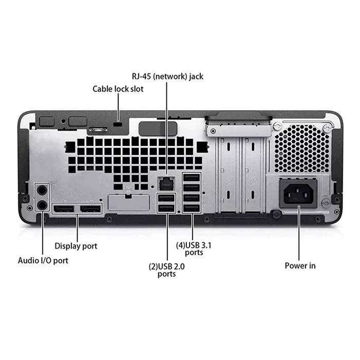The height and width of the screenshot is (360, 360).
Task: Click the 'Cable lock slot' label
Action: (118, 89)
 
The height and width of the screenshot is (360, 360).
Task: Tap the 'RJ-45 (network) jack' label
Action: (167, 77)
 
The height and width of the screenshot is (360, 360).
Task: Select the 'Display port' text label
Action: (76, 246)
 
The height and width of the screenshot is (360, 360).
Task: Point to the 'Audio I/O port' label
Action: (43, 260)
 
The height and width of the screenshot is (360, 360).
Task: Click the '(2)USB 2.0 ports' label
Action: (167, 270)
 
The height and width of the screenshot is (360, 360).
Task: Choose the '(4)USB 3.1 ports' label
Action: (194, 249)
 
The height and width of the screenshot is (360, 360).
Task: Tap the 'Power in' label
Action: (300, 266)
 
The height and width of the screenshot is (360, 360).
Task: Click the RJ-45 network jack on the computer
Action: (166, 184)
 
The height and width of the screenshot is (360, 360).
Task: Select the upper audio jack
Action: (42, 190)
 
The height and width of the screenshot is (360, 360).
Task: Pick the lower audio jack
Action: (42, 204)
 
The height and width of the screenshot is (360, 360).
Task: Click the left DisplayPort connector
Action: (64, 209)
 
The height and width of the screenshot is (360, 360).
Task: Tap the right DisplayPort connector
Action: (90, 209)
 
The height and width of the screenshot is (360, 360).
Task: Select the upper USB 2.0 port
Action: (166, 198)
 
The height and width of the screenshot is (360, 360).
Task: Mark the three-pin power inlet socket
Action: (298, 194)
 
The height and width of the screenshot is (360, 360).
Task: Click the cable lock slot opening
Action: (118, 124)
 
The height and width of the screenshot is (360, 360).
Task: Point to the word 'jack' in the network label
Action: (196, 77)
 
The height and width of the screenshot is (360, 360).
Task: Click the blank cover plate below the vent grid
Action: (129, 202)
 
